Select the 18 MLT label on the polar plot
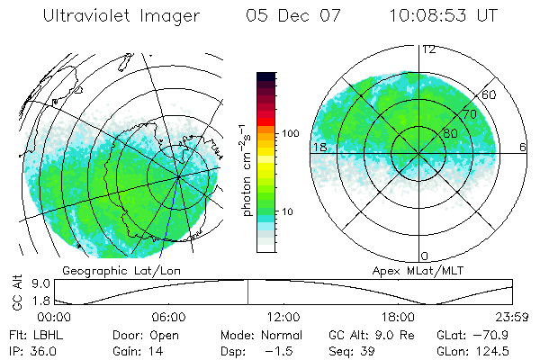(x=319, y=147)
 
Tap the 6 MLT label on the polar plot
(x=523, y=147)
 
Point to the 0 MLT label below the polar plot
(x=425, y=256)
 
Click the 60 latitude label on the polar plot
(x=490, y=94)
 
